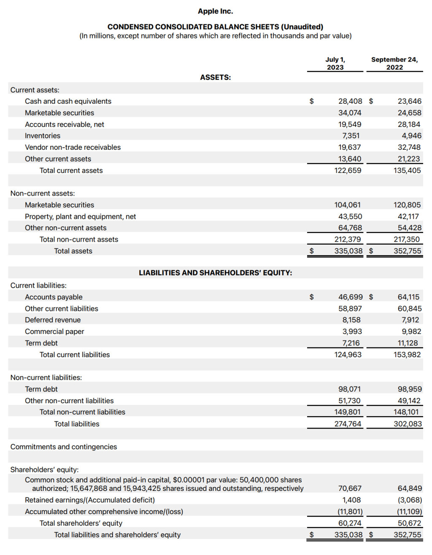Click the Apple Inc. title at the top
215,11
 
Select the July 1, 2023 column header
335,63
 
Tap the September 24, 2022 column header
394,63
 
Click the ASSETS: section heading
215,78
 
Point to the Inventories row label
43,136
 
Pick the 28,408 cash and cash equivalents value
350,101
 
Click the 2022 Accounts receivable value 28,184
409,124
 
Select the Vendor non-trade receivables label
73,147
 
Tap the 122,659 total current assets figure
348,170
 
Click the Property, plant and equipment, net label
80,216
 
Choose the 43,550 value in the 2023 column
350,216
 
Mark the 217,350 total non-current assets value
407,239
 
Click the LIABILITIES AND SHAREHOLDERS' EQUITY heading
215,273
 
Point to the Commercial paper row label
54,331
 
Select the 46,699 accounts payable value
350,297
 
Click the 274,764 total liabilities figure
348,424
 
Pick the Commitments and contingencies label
64,447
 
